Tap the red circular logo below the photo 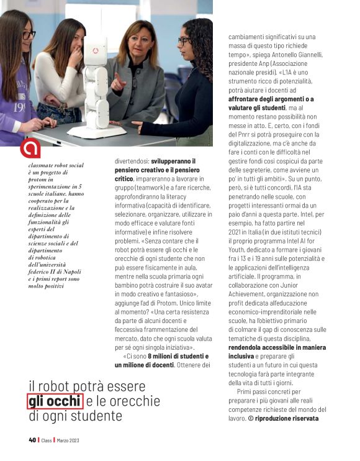coord(30,149)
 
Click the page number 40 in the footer coord(32,440)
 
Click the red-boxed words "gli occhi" coord(55,401)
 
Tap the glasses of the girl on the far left coord(27,35)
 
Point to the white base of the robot coord(96,131)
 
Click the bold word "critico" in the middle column coord(124,178)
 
